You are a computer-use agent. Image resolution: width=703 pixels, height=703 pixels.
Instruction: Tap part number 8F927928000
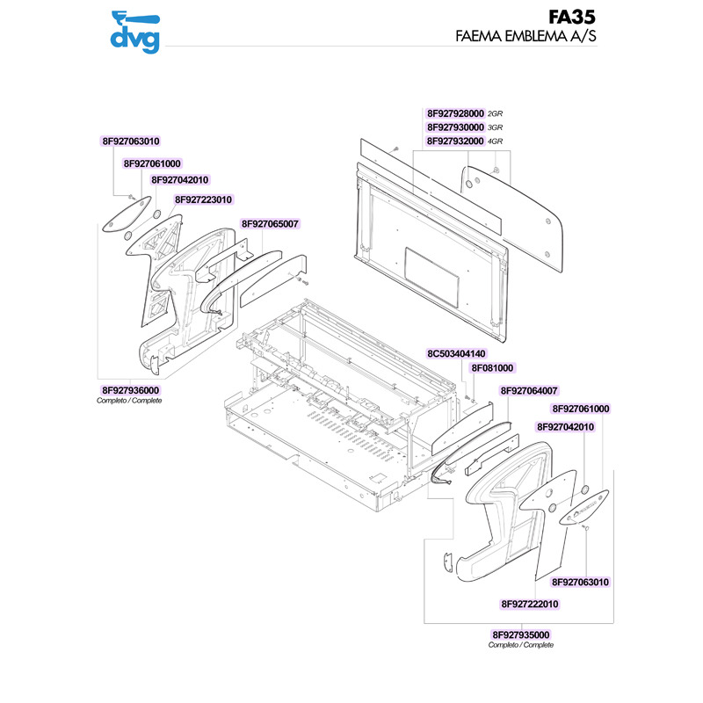[455, 114]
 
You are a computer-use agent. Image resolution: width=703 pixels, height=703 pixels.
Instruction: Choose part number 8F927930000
[455, 127]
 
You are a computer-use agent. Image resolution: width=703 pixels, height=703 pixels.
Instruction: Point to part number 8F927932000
[455, 141]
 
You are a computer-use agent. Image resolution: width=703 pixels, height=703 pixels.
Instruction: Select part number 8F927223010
[203, 199]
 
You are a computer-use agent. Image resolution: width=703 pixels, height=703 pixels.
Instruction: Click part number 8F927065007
[270, 224]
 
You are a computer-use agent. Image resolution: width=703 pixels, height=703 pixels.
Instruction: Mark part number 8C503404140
[456, 353]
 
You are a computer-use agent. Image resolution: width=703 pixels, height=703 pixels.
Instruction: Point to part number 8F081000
[492, 368]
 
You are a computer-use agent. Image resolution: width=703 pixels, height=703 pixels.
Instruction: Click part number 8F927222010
[530, 604]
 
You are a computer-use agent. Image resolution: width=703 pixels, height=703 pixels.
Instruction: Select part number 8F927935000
[521, 634]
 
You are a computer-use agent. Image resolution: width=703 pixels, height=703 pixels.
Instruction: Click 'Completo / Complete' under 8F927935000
[521, 645]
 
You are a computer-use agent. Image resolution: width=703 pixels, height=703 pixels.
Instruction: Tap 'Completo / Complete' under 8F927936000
[129, 401]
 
